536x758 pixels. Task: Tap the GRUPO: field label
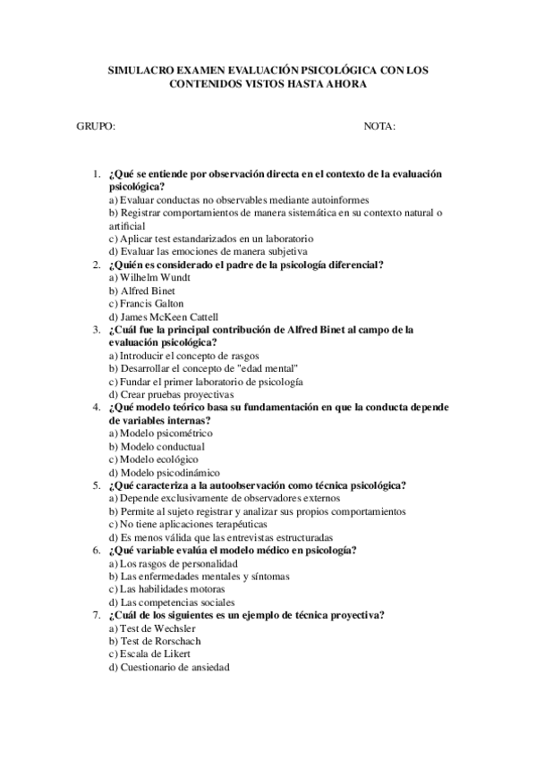coord(96,127)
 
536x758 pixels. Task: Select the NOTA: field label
coord(379,127)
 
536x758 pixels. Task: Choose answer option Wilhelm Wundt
coord(149,277)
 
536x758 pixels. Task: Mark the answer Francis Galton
coord(146,303)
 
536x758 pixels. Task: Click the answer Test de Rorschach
coord(154,640)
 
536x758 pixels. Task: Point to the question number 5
coord(96,485)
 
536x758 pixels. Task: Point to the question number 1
coord(96,173)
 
